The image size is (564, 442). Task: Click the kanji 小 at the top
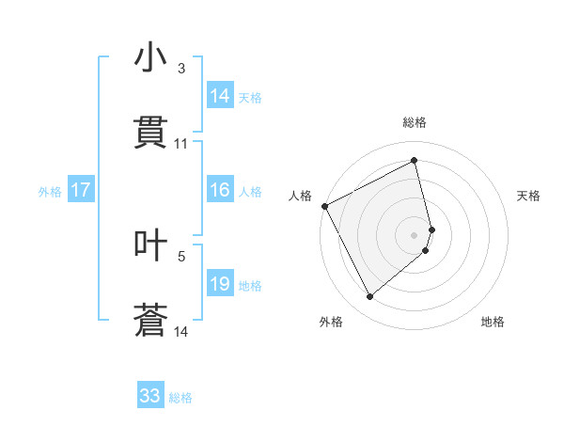[151, 58]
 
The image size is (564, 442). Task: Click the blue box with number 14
[220, 96]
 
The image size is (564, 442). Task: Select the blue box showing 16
[220, 190]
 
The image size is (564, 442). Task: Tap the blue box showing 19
[220, 284]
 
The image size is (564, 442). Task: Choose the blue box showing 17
[80, 190]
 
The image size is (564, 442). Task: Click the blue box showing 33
[150, 396]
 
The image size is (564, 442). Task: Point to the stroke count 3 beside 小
[180, 69]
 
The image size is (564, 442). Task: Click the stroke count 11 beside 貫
[181, 144]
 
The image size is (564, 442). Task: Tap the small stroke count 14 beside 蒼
[181, 331]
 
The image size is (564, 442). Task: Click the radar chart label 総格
[415, 122]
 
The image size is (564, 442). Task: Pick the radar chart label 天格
[529, 196]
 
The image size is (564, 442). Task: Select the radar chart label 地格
[493, 322]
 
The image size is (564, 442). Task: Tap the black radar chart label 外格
[331, 322]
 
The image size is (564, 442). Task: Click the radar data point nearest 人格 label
[324, 206]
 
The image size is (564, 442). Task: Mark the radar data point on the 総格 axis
[415, 161]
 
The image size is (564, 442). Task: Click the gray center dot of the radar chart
[415, 234]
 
